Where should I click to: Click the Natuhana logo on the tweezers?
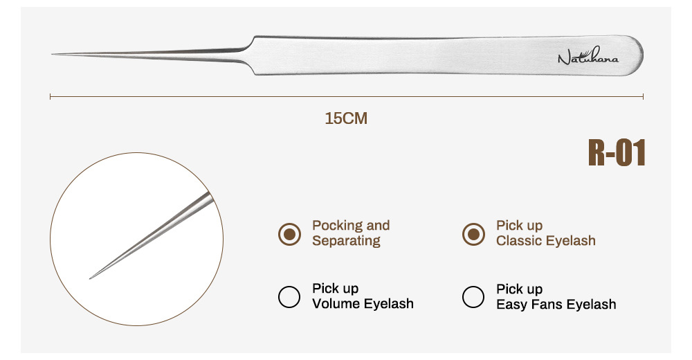click(x=588, y=57)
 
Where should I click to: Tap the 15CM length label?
click(x=346, y=118)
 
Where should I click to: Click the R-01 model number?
click(x=617, y=153)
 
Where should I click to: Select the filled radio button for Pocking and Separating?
click(x=289, y=235)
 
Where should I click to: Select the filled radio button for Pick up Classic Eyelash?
click(x=473, y=235)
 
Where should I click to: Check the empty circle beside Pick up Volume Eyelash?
click(x=289, y=296)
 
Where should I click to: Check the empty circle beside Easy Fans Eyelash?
click(x=473, y=296)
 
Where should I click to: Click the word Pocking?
click(x=337, y=225)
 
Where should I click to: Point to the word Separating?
click(x=346, y=241)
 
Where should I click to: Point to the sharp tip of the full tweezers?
click(x=53, y=54)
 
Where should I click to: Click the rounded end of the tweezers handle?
click(x=639, y=55)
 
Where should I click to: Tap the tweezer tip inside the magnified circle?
click(x=91, y=278)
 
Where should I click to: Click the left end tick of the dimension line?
click(x=51, y=97)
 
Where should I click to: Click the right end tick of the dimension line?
click(x=644, y=97)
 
